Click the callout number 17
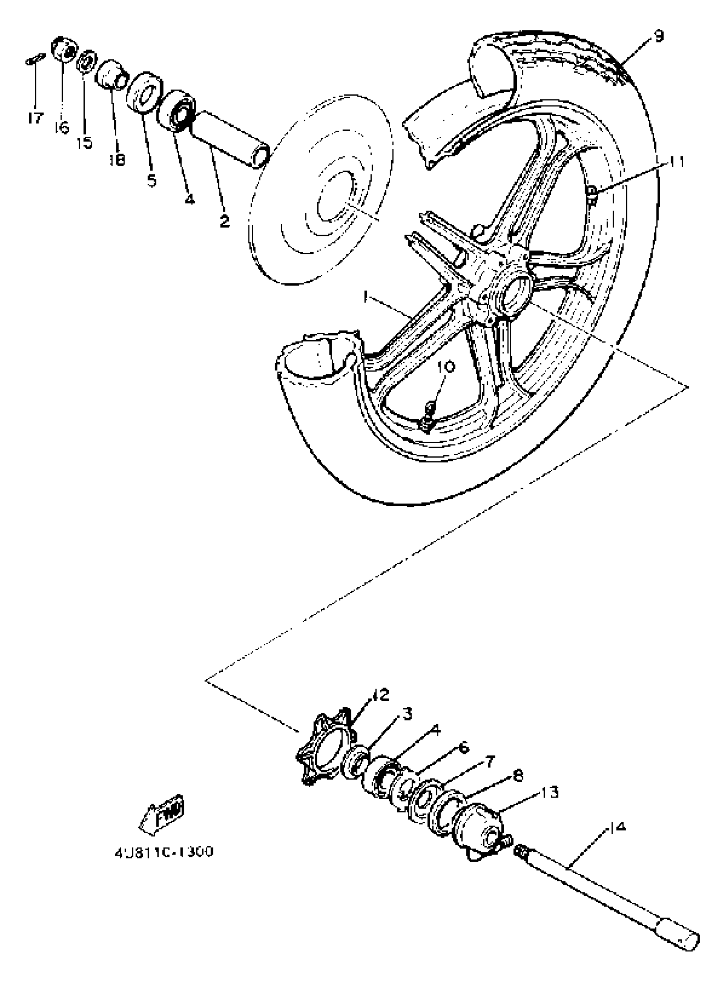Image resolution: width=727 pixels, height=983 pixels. point(35,118)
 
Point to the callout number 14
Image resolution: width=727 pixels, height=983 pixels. point(618,827)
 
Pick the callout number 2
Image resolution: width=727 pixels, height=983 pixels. point(225,221)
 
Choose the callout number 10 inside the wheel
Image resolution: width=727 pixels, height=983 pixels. point(446,367)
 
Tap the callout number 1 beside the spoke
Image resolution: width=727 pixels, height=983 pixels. point(365,297)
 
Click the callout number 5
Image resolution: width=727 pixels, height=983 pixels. point(152,180)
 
